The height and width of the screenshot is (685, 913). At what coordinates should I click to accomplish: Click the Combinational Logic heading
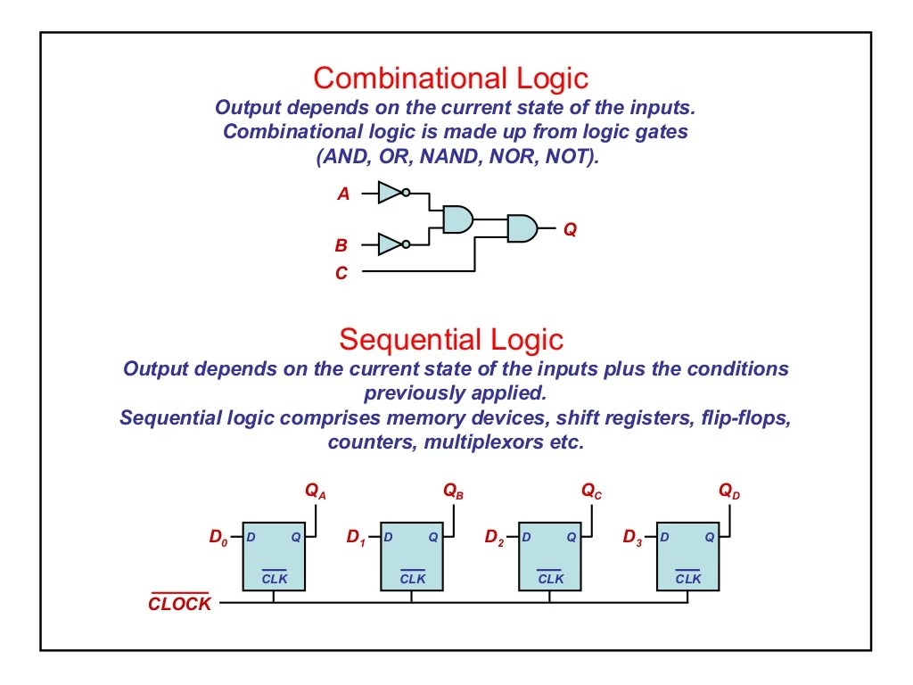pyautogui.click(x=450, y=78)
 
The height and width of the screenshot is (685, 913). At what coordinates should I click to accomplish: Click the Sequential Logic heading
pyautogui.click(x=451, y=340)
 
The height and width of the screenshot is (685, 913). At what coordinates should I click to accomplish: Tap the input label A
pyautogui.click(x=343, y=193)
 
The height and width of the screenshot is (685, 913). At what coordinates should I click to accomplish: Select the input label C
pyautogui.click(x=341, y=274)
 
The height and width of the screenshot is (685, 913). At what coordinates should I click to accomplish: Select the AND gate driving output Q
pyautogui.click(x=522, y=228)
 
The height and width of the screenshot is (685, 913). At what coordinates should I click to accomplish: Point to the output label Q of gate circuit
pyautogui.click(x=570, y=229)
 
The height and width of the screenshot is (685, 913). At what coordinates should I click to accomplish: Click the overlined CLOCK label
pyautogui.click(x=180, y=604)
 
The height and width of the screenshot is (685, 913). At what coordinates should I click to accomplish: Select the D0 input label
pyautogui.click(x=218, y=538)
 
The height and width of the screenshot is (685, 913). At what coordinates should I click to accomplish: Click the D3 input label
pyautogui.click(x=632, y=538)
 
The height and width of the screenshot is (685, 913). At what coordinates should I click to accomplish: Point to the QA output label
pyautogui.click(x=315, y=491)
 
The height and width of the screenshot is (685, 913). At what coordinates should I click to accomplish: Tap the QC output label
pyautogui.click(x=591, y=491)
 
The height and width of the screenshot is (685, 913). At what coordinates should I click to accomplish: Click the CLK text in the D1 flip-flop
pyautogui.click(x=412, y=579)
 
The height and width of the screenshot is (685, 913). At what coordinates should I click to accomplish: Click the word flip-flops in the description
pyautogui.click(x=746, y=418)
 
